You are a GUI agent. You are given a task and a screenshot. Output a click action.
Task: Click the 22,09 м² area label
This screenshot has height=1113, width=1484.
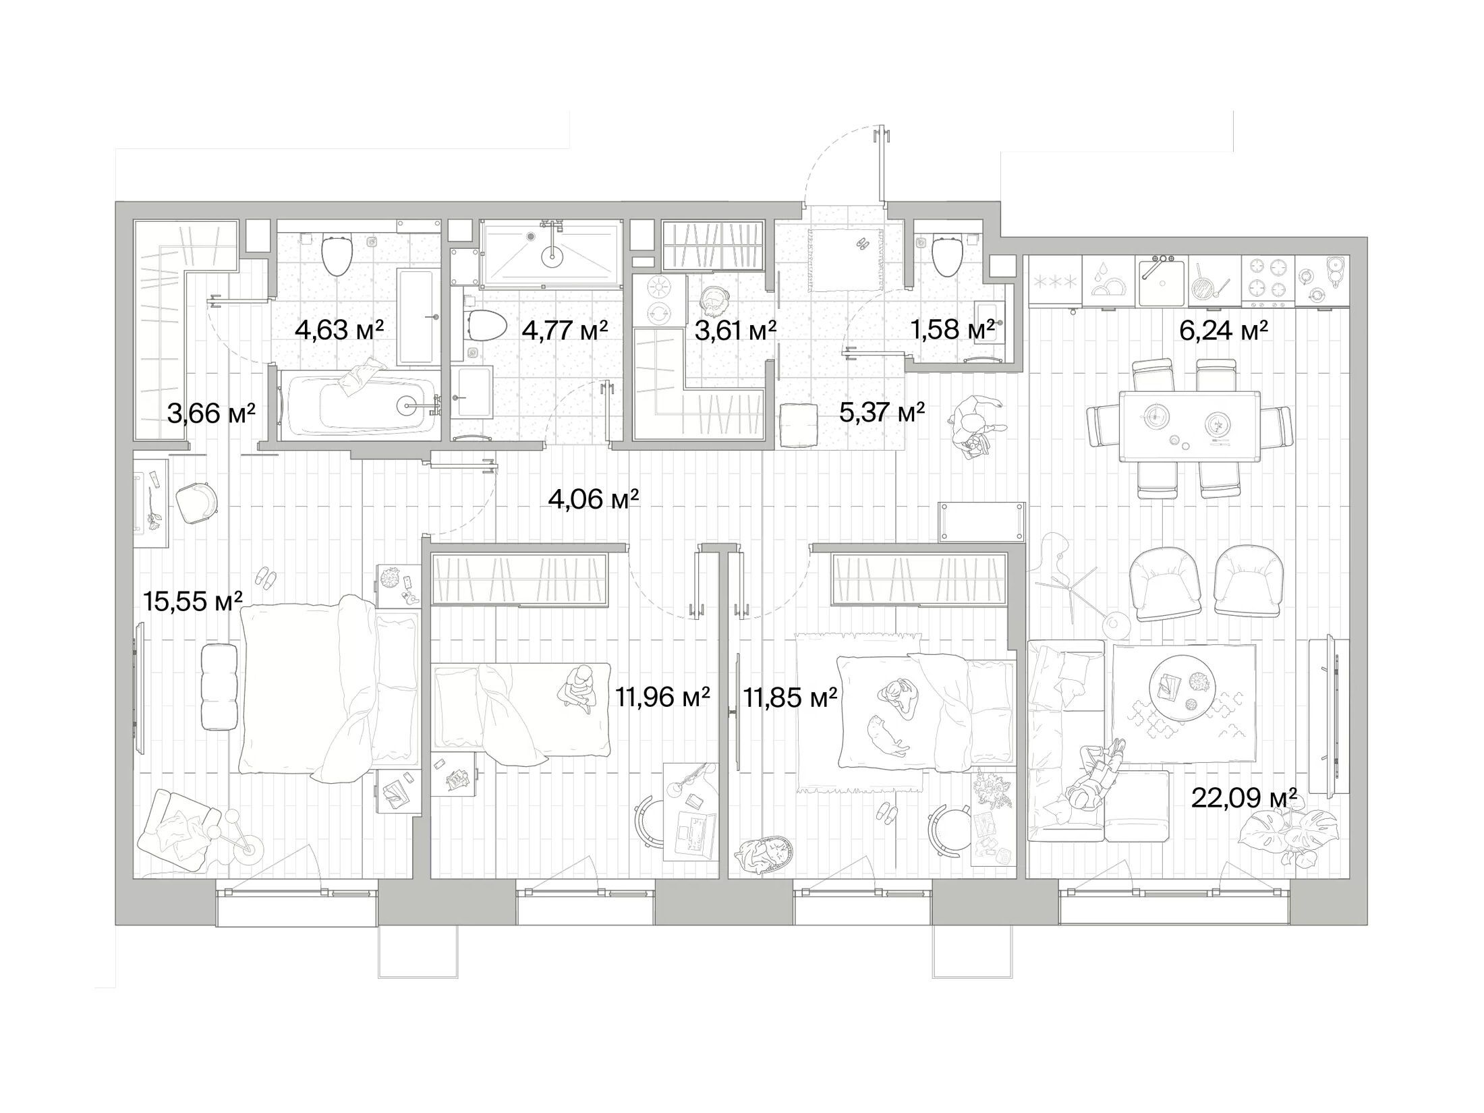click(x=1245, y=799)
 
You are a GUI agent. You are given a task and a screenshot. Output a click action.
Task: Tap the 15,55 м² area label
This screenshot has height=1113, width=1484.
click(x=193, y=601)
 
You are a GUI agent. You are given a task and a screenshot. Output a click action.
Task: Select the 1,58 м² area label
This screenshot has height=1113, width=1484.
click(x=952, y=330)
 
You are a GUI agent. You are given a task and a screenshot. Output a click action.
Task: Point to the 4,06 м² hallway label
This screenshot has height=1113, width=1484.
click(x=594, y=501)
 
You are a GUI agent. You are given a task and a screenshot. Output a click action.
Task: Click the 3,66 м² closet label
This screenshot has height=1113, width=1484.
click(x=211, y=413)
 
